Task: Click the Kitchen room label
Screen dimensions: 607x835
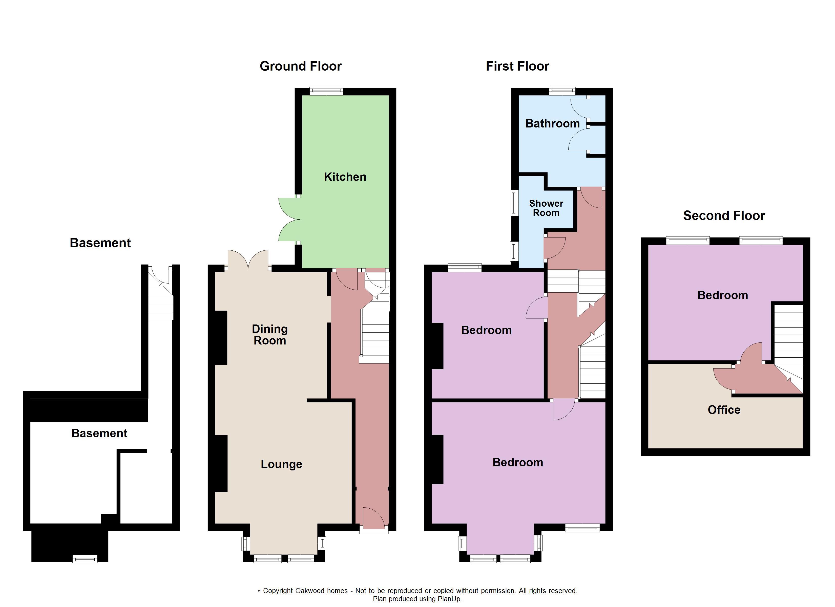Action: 345,177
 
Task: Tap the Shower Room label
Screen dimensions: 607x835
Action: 546,208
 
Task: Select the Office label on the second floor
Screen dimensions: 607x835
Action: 724,410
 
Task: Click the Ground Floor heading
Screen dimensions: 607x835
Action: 300,66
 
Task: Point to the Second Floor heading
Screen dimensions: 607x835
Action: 724,216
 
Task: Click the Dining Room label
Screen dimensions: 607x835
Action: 269,335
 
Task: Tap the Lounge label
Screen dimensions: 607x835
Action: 281,464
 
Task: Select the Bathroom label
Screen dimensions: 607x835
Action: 552,124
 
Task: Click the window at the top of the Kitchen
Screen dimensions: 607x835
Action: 326,91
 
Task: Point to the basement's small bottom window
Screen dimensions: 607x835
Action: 85,559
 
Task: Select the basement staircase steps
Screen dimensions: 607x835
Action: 161,306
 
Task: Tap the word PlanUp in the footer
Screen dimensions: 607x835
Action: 449,599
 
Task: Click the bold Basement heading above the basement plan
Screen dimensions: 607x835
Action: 100,243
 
